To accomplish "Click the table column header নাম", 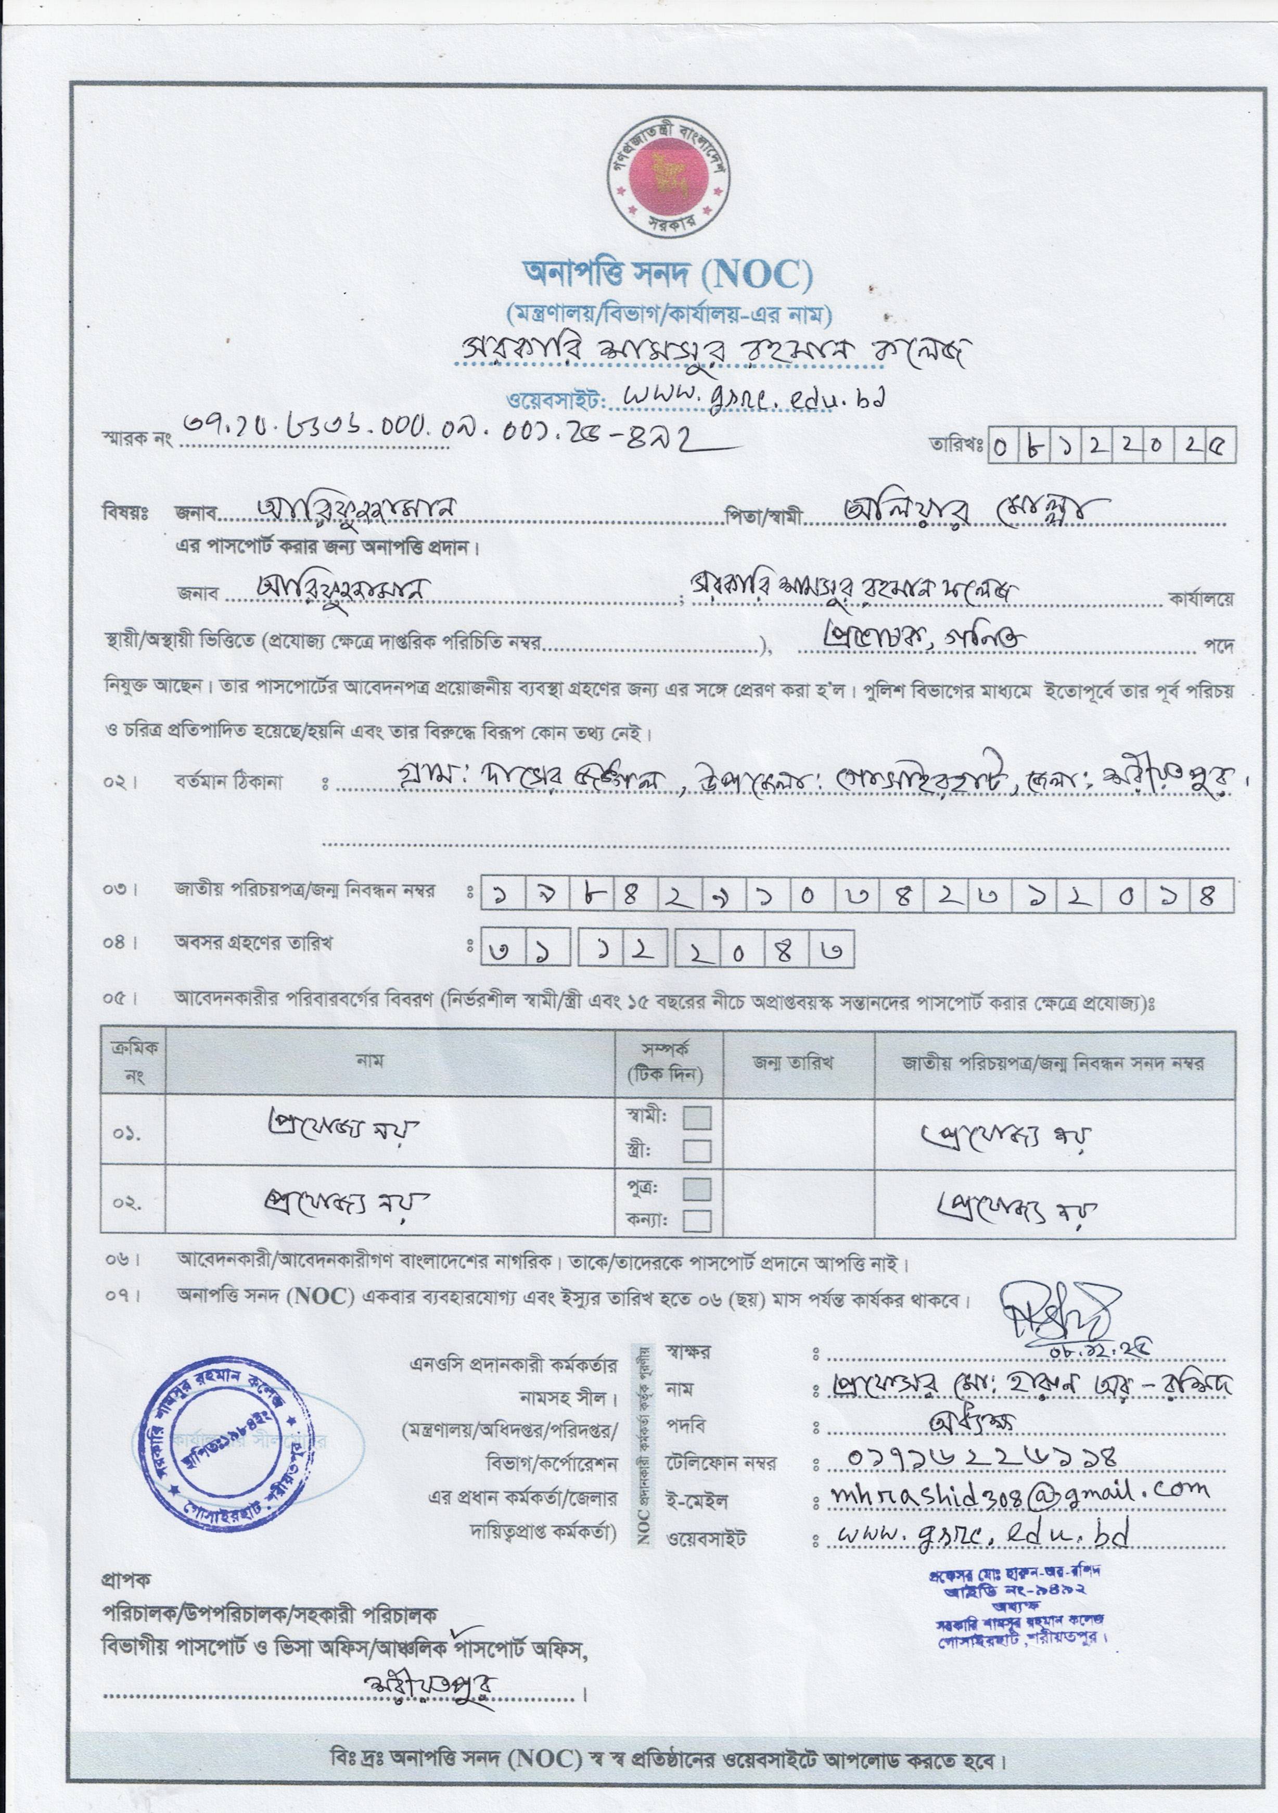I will point(370,1060).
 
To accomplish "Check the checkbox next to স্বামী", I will point(696,1118).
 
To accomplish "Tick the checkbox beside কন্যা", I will point(696,1222).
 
